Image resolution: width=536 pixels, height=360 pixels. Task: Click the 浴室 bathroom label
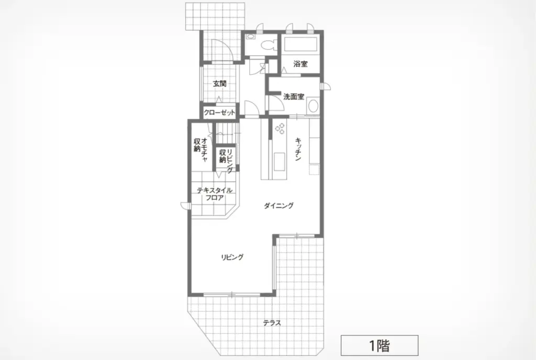coord(300,63)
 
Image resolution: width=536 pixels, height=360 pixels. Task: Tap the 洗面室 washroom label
coord(294,97)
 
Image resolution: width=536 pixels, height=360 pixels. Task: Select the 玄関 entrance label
coord(219,83)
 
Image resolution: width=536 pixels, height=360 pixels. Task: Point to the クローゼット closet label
coord(219,113)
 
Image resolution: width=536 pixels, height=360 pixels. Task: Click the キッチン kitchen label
coord(298,149)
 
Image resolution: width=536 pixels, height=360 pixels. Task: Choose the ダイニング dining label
coord(278,206)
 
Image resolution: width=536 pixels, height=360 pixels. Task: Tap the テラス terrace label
coord(272,323)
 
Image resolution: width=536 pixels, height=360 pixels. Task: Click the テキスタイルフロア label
coord(215,194)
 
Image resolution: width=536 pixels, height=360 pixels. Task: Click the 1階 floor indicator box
coord(379,345)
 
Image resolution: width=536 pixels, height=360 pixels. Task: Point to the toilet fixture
coord(266,44)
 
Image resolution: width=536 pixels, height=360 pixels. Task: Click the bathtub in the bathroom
coord(300,44)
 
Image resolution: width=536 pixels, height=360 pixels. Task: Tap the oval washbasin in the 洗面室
coord(313,105)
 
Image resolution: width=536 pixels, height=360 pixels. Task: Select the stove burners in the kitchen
coord(280,128)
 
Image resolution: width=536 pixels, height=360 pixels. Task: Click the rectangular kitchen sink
coord(279,162)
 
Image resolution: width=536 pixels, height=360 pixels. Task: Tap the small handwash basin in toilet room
coord(251,36)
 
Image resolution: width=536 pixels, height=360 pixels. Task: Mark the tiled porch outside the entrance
coord(215,16)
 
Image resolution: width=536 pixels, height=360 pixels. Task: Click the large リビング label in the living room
coord(232,257)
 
